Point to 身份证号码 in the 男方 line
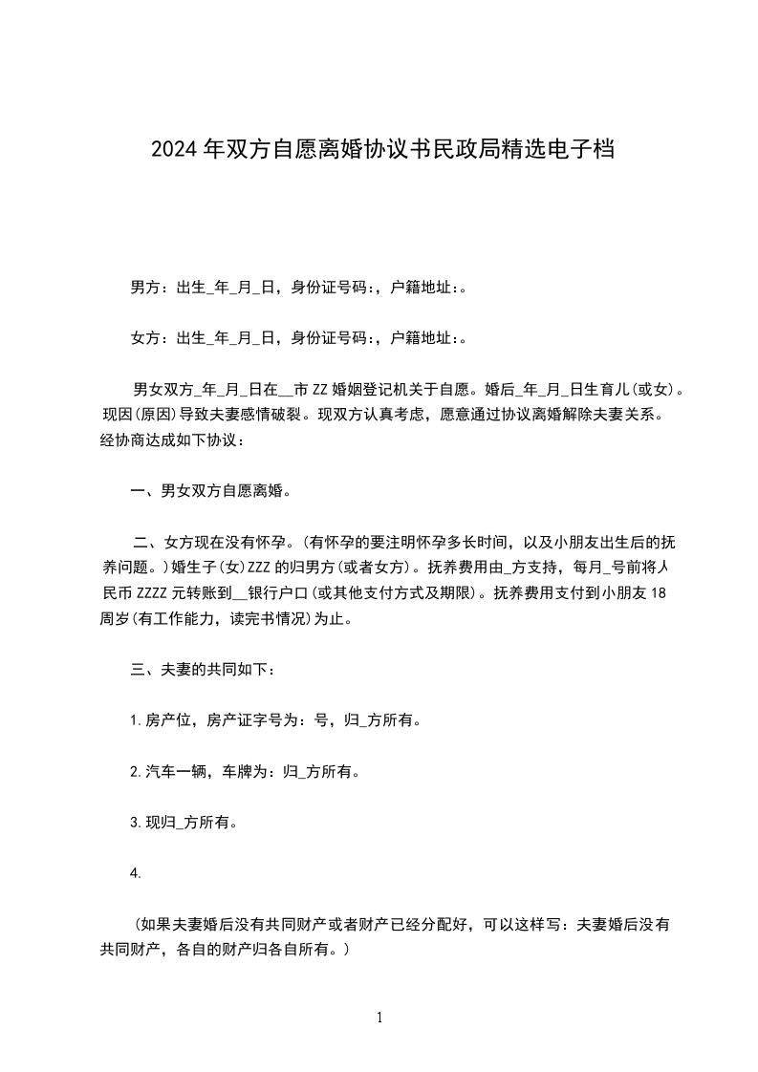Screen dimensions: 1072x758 (330, 287)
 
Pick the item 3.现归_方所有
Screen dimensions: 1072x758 (184, 822)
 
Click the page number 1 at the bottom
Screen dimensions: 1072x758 (379, 1018)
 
